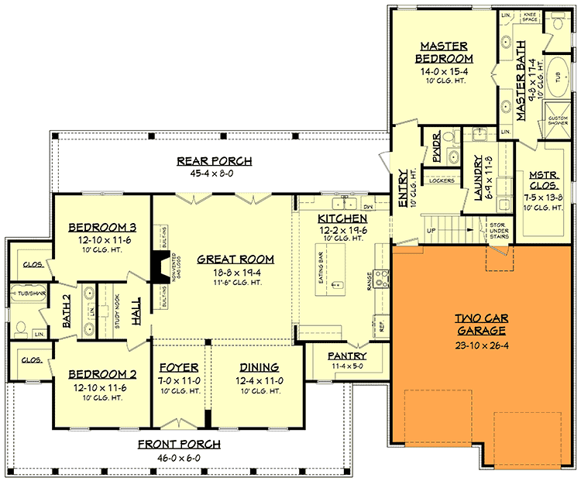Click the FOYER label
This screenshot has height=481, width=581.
click(179, 367)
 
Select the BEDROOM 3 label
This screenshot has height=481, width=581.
click(103, 227)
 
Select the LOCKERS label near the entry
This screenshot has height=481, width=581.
click(441, 181)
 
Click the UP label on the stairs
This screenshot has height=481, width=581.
click(431, 231)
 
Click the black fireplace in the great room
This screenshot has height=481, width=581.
click(157, 266)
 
